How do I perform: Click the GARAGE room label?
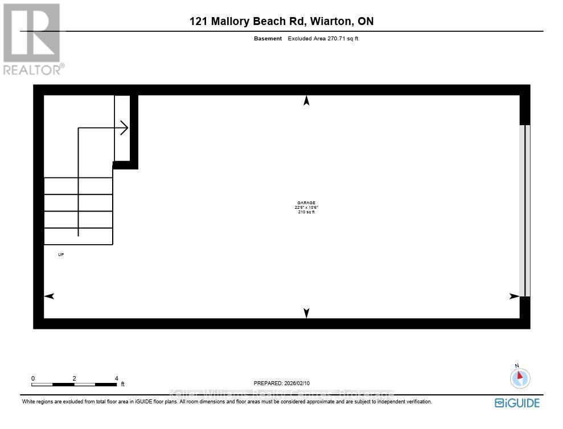[306, 203]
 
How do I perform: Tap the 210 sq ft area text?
[306, 212]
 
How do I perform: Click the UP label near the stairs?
[61, 254]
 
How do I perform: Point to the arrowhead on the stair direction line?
[124, 128]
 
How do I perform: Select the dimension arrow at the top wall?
[306, 101]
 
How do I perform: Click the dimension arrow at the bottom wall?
[306, 313]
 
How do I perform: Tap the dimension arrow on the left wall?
[49, 296]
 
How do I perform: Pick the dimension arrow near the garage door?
[514, 296]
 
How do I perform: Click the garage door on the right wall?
[525, 211]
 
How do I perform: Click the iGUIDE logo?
[517, 403]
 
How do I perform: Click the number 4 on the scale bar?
[116, 378]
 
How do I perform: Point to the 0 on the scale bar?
[33, 378]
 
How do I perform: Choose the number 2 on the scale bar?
[75, 378]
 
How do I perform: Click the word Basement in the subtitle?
[268, 39]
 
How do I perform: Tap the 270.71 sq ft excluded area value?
[341, 39]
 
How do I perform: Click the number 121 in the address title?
[199, 22]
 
